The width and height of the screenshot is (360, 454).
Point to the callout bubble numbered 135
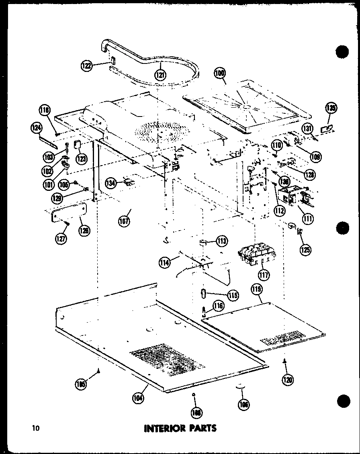click(331, 108)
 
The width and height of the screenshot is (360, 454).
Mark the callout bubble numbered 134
click(111, 183)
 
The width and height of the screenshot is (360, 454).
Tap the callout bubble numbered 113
click(221, 241)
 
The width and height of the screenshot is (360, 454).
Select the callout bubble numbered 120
click(288, 379)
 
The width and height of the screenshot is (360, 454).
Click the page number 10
click(37, 428)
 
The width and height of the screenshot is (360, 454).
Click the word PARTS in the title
click(204, 428)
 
